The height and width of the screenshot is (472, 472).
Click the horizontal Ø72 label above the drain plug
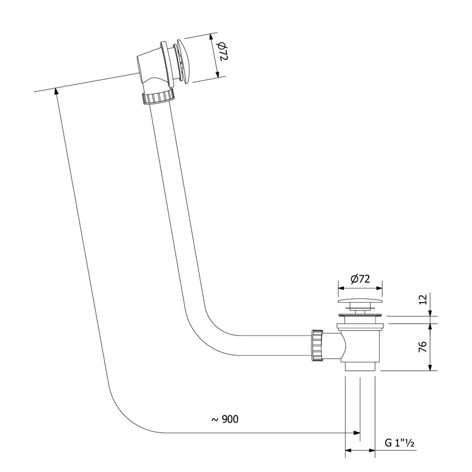click(359, 279)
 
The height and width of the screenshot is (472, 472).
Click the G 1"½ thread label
click(400, 444)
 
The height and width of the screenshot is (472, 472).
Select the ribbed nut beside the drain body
click(317, 346)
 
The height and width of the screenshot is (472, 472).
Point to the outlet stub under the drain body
click(360, 368)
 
